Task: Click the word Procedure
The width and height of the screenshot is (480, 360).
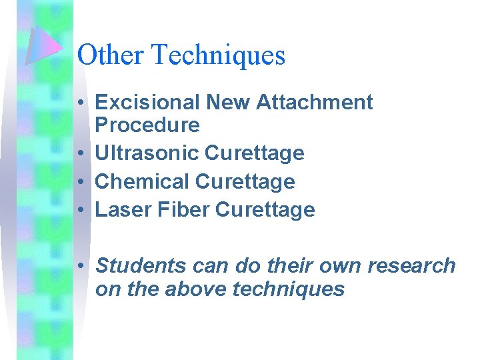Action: (147, 125)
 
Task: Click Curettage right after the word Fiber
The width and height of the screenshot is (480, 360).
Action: (265, 210)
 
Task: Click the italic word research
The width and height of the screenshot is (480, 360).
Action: (411, 266)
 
